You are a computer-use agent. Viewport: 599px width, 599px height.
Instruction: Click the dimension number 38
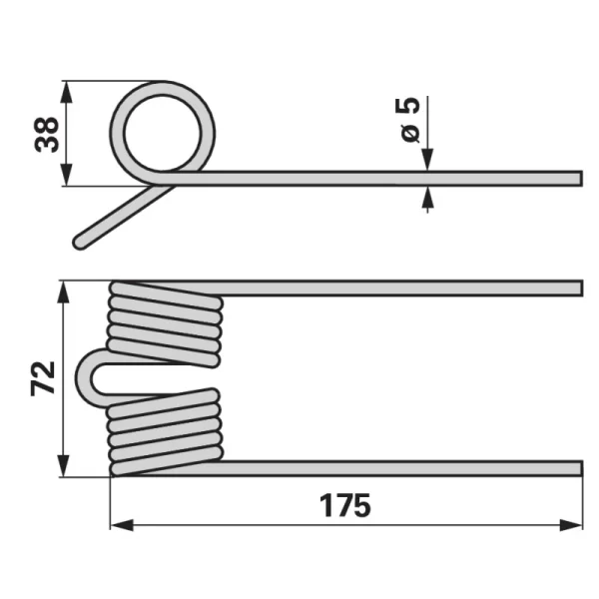pos(47,134)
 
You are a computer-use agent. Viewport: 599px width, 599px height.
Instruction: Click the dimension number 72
pos(43,378)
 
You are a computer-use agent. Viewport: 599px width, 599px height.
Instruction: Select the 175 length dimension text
pos(345,505)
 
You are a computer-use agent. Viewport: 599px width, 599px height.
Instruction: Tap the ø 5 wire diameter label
pos(408,120)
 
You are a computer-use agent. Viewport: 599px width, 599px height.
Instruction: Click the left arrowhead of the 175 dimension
pos(122,525)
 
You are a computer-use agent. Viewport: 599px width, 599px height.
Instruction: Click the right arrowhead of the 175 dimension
pos(571,525)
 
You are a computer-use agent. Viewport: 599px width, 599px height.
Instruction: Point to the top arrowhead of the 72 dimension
pos(64,293)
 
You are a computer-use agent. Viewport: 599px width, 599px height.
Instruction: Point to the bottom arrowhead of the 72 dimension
pos(64,465)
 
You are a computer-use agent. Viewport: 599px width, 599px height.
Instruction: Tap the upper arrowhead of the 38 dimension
pos(67,93)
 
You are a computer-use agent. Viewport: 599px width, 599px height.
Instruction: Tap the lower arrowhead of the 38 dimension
pos(67,175)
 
